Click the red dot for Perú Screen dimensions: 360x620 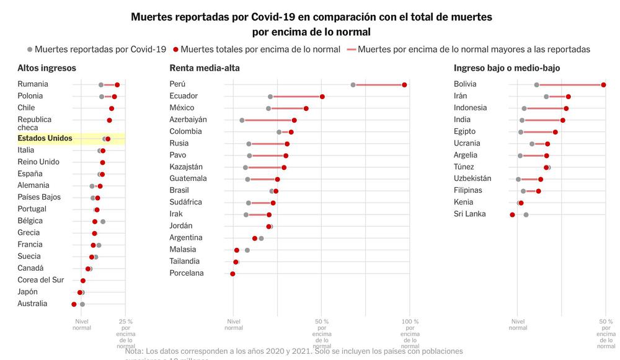coord(404,85)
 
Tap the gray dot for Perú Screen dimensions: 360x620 coord(353,85)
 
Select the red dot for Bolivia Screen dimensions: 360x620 coord(603,85)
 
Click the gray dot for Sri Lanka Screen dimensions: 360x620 coord(526,215)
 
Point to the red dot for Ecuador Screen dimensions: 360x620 coord(322,97)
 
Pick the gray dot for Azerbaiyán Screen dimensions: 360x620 coord(242,120)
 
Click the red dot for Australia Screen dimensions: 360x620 coord(74,304)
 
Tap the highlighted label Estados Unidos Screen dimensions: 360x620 coord(45,138)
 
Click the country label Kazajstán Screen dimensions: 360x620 coord(186,167)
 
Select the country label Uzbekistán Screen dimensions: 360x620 coord(472,179)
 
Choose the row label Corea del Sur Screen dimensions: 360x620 coord(40,280)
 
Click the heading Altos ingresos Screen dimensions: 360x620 coord(46,68)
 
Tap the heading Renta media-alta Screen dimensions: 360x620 coord(204,68)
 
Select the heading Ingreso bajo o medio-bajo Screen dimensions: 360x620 coord(507,68)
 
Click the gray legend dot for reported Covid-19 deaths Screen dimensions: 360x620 coord(30,50)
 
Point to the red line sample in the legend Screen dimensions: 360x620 coord(352,50)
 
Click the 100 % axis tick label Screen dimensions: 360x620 coord(410,322)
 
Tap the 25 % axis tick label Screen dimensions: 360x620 coord(125,322)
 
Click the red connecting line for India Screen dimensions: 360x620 coord(542,120)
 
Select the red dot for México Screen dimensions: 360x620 coord(306,108)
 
